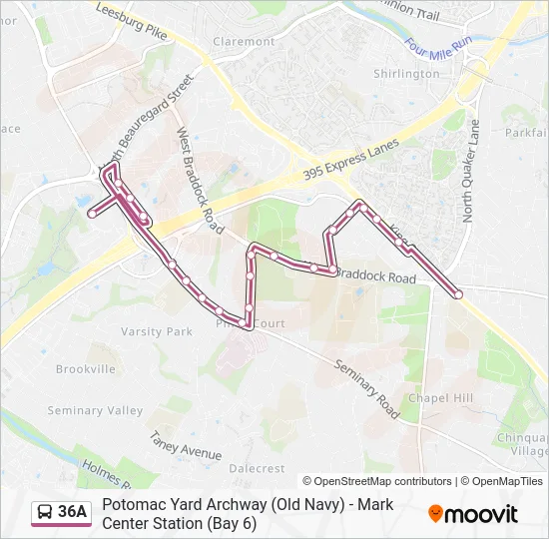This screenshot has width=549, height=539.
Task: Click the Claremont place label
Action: point(244,42)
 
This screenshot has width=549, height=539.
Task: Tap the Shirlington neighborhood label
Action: point(406,74)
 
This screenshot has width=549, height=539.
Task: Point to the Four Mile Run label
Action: point(439,47)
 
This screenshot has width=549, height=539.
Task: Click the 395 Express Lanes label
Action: point(350,162)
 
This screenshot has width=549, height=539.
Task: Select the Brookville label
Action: point(86,369)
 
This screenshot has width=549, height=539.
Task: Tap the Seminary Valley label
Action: point(96,411)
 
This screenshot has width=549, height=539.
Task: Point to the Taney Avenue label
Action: point(186,445)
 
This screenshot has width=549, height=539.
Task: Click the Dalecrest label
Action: point(258,468)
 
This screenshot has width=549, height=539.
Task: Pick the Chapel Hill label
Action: point(440,398)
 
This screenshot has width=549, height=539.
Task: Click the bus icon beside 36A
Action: point(46,513)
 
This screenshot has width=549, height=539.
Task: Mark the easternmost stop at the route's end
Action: point(458,294)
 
